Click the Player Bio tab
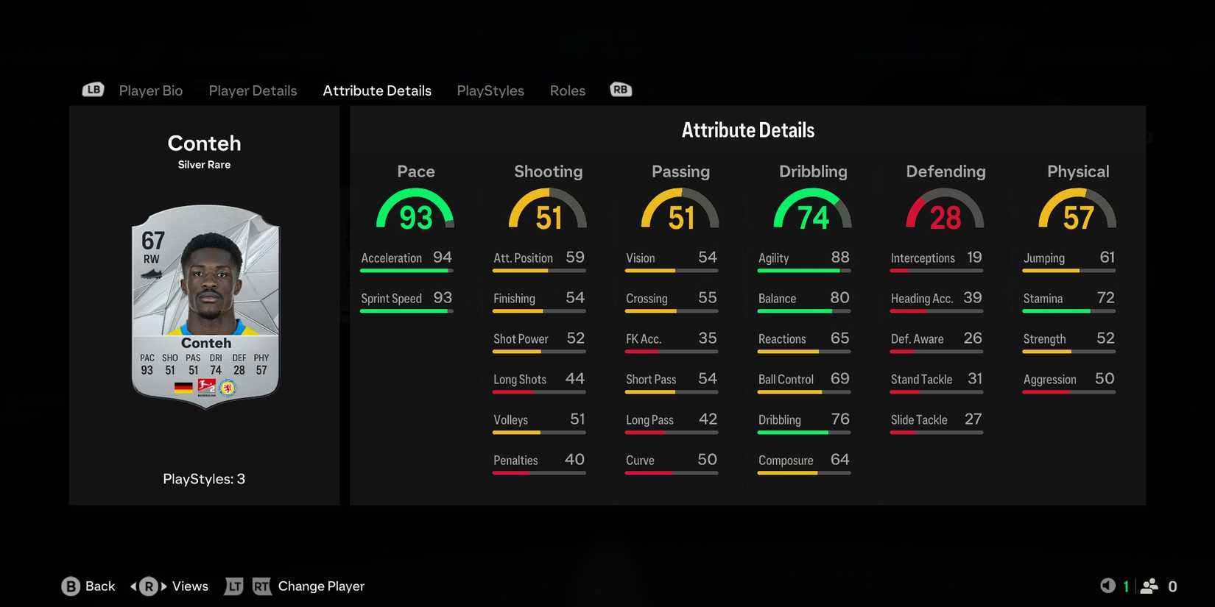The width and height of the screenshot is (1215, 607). [x=150, y=90]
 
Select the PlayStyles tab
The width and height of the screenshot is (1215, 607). [x=490, y=90]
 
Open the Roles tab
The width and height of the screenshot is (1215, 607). [x=567, y=90]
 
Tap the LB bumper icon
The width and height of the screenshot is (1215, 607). [x=93, y=90]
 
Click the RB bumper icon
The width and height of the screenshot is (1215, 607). [x=621, y=90]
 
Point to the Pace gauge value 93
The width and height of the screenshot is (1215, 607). [x=415, y=217]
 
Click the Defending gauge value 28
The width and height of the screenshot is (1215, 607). [x=945, y=217]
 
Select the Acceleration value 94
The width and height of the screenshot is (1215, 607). [x=443, y=258]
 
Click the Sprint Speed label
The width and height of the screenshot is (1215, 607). [x=391, y=299]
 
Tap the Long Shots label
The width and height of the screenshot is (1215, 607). [x=520, y=380]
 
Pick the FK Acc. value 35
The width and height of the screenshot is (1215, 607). [x=707, y=338]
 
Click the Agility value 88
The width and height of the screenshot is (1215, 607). [x=839, y=258]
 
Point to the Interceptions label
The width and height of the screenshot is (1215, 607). [x=923, y=258]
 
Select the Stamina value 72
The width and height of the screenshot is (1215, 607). [x=1105, y=298]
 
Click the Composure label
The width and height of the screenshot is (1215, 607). [x=786, y=461]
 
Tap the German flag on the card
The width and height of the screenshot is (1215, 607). [x=183, y=387]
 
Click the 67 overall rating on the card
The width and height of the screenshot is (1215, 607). [x=153, y=241]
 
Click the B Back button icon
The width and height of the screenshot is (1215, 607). [x=71, y=586]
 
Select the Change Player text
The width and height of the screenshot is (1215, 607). [x=321, y=586]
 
